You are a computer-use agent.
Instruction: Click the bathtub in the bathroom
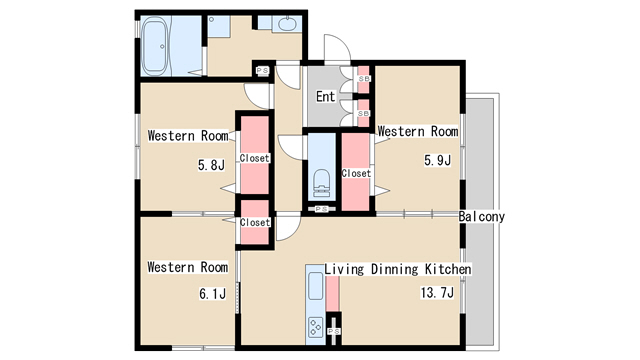click(x=154, y=46)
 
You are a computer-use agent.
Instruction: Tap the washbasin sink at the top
click(x=287, y=23)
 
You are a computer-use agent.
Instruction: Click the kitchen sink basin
click(x=316, y=286)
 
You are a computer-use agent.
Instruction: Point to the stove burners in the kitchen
click(x=316, y=327)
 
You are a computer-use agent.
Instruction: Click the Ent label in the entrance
click(x=326, y=97)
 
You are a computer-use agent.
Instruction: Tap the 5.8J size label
click(x=211, y=165)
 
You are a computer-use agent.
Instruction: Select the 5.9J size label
click(x=438, y=160)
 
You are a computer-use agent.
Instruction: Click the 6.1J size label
click(x=212, y=293)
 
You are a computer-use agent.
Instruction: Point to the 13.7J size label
click(x=437, y=292)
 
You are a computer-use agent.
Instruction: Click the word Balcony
click(x=482, y=216)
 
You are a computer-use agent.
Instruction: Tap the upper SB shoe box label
click(x=364, y=78)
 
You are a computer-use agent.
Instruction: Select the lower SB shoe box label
click(x=364, y=113)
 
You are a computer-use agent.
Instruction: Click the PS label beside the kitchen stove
click(x=334, y=331)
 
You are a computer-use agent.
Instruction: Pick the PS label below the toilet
click(x=322, y=209)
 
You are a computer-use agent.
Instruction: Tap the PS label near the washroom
click(x=262, y=71)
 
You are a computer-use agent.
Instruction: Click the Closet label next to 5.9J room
click(x=356, y=173)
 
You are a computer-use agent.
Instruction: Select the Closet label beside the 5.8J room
click(x=255, y=158)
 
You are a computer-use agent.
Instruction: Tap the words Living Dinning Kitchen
click(x=398, y=269)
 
